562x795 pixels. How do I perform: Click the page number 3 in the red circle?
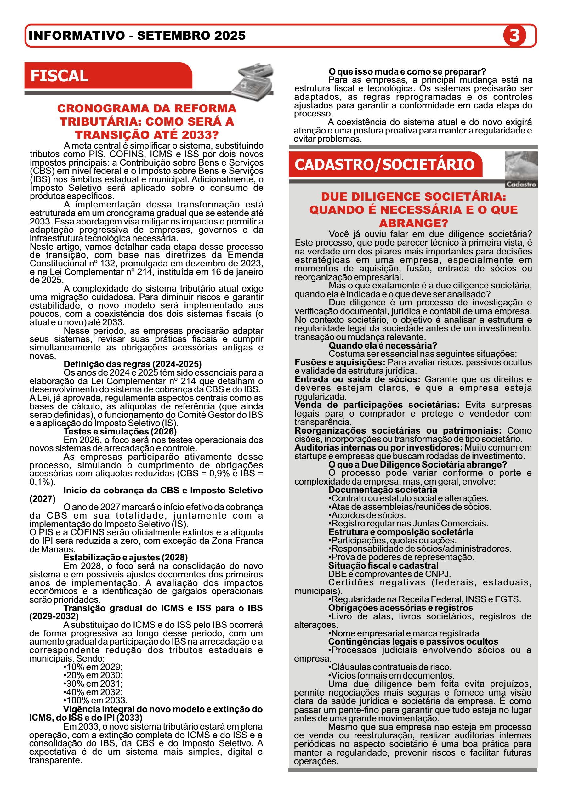(514, 35)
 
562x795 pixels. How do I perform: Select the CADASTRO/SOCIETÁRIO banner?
(385, 164)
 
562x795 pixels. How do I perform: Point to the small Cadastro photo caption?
(521, 184)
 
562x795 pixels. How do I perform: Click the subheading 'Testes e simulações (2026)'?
(120, 431)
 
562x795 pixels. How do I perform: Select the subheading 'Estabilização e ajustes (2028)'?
(126, 558)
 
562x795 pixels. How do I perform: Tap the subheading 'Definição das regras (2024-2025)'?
(133, 364)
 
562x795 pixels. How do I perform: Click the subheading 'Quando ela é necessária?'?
(383, 345)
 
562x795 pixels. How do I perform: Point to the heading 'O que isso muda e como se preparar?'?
(407, 72)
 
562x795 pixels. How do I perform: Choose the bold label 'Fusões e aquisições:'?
(340, 362)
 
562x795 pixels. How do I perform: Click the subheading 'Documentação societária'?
(383, 490)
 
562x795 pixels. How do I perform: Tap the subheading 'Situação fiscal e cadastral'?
(383, 565)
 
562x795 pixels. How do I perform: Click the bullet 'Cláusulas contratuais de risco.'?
(389, 667)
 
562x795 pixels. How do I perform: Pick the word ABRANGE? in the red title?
(413, 223)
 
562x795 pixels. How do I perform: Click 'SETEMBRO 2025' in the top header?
(191, 35)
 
